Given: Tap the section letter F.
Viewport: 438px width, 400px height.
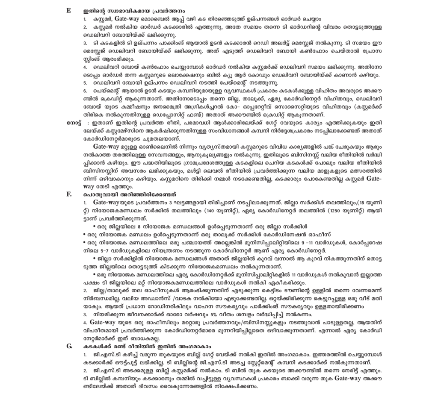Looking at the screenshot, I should (68, 194).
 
